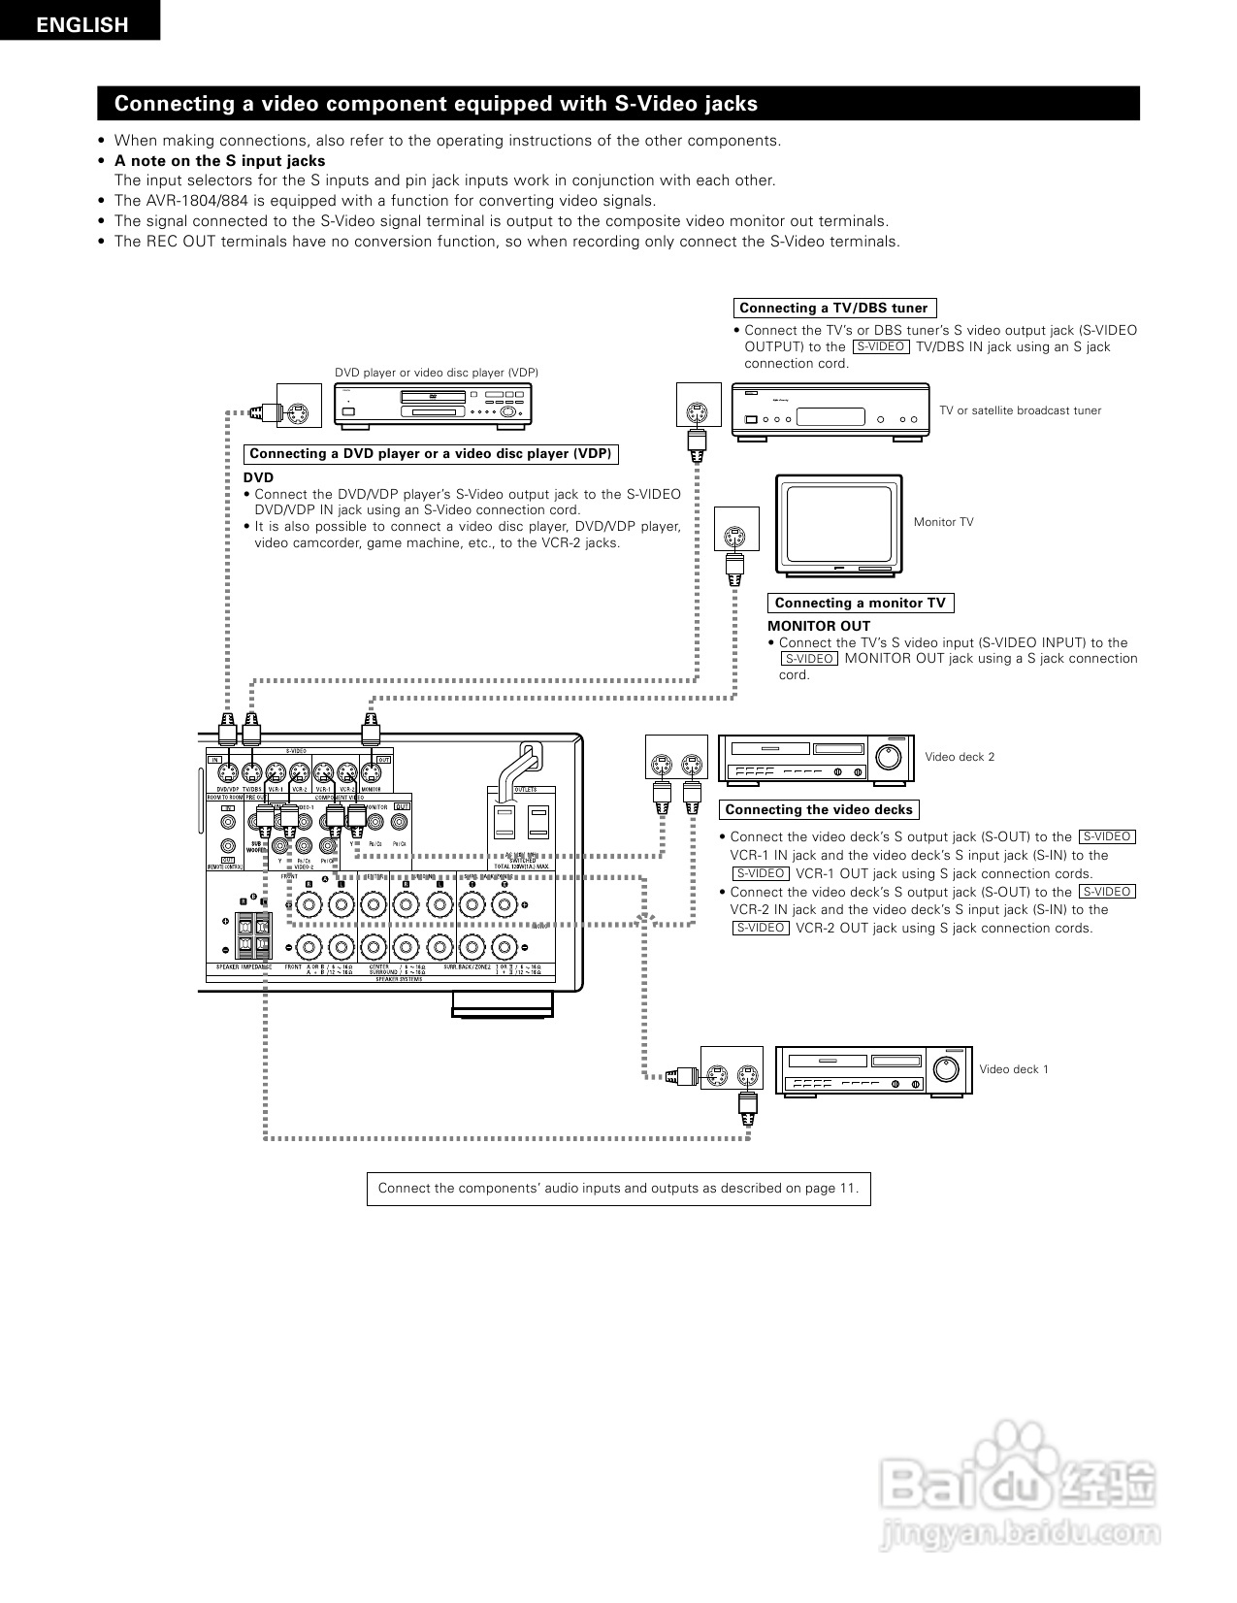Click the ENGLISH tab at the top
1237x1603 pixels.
(x=81, y=25)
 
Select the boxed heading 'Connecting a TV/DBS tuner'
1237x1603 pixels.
(x=833, y=308)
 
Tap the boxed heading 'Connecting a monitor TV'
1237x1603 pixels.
(x=860, y=603)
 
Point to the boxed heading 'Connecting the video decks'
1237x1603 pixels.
(x=819, y=809)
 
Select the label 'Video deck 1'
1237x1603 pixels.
(x=1014, y=1069)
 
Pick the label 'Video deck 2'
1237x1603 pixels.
(x=960, y=757)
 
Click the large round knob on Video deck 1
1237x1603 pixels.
(x=945, y=1070)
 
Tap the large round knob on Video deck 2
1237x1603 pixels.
(x=889, y=758)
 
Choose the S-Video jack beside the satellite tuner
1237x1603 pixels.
(x=696, y=411)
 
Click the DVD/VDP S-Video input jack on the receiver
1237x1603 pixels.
(x=227, y=773)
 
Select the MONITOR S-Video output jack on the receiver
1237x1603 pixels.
(x=370, y=773)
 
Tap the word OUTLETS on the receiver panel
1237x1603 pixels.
(x=525, y=790)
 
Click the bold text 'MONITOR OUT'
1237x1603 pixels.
(x=819, y=626)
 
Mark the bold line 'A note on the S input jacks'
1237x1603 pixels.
(x=219, y=161)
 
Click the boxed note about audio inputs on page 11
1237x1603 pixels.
(x=618, y=1189)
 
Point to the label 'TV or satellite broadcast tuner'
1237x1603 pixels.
(x=1020, y=410)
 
